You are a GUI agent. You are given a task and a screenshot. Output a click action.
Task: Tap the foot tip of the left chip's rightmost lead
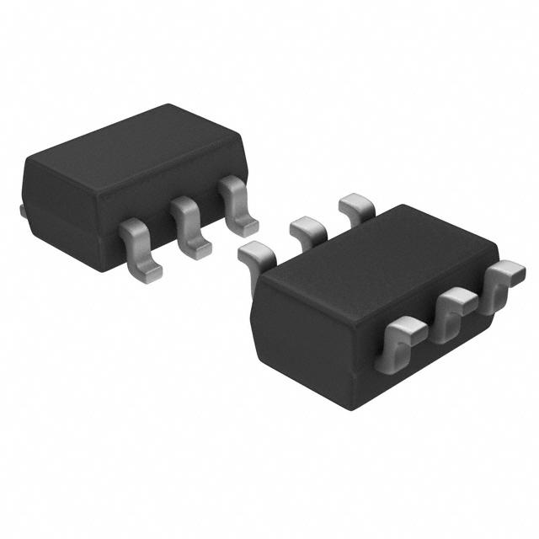pos(245,225)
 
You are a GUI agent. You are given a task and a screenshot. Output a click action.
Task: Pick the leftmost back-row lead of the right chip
pos(255,252)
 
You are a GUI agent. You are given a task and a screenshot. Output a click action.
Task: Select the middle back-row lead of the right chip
pos(307,227)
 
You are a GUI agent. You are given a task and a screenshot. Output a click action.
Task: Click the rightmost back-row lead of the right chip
pos(355,204)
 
